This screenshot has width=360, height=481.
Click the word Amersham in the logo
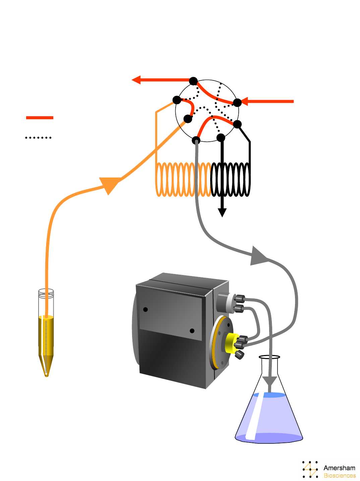point(339,468)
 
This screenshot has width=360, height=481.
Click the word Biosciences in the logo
point(340,476)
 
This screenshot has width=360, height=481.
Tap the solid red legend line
point(40,118)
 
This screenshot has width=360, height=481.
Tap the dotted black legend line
point(38,137)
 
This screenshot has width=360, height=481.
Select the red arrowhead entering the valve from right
point(244,101)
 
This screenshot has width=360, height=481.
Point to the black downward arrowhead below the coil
point(222,212)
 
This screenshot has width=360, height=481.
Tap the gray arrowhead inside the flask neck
point(269,381)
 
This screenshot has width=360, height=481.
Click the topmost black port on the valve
point(193,81)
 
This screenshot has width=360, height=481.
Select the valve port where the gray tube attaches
point(196,140)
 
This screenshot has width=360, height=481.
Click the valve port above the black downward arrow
point(221,137)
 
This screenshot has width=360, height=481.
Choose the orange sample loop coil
point(183,179)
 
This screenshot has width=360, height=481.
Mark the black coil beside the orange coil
point(231,179)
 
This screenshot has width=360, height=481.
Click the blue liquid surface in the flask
point(269,395)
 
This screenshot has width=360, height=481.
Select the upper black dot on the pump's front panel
point(145,309)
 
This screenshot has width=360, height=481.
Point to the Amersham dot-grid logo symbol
point(310,469)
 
